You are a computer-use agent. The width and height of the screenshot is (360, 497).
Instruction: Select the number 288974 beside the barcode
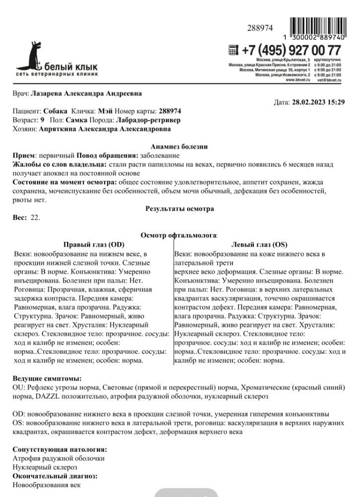tap(260, 28)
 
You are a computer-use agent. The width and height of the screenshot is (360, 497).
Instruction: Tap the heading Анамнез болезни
tap(179, 146)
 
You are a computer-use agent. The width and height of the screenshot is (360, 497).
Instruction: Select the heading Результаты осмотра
tap(179, 209)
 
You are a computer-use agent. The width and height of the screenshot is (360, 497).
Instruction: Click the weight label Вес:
tap(20, 218)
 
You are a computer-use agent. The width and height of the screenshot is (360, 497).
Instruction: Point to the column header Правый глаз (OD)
tap(94, 245)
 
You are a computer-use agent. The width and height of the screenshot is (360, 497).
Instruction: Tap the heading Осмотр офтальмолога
tap(179, 236)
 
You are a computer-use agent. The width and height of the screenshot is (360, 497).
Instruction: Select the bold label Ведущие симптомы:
tap(47, 379)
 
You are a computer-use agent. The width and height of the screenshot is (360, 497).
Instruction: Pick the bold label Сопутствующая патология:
tap(60, 450)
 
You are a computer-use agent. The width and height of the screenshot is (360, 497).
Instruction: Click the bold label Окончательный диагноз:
tap(55, 476)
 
